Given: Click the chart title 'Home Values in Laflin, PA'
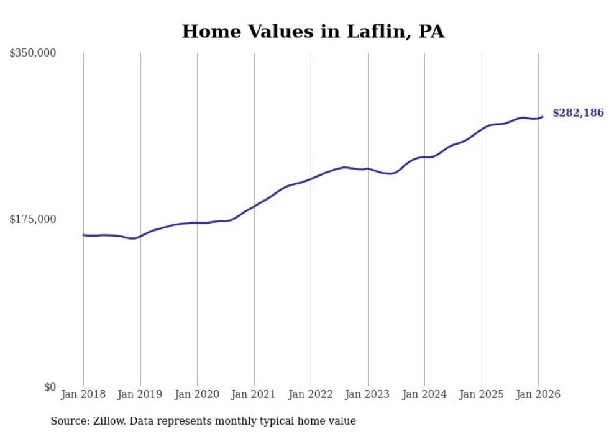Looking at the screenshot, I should pyautogui.click(x=313, y=32).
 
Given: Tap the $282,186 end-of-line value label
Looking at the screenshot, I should pyautogui.click(x=577, y=113).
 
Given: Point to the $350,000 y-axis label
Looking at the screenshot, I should pyautogui.click(x=33, y=53).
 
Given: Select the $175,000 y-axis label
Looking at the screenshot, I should pyautogui.click(x=33, y=219).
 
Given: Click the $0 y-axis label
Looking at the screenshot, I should pyautogui.click(x=50, y=387).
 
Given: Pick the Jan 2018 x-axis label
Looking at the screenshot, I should pyautogui.click(x=83, y=394).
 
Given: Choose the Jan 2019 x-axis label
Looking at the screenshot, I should pyautogui.click(x=140, y=394).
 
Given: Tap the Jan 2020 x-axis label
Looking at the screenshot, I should pyautogui.click(x=197, y=394).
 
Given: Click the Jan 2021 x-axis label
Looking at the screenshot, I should pyautogui.click(x=254, y=394).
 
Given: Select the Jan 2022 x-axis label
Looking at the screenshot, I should pyautogui.click(x=311, y=394).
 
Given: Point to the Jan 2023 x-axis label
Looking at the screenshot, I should pyautogui.click(x=368, y=394).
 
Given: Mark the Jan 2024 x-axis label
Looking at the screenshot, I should pyautogui.click(x=424, y=394).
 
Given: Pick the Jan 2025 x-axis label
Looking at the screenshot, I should pyautogui.click(x=482, y=394).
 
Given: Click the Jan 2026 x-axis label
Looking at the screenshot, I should pyautogui.click(x=538, y=394).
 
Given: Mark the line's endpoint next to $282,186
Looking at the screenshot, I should pyautogui.click(x=543, y=116).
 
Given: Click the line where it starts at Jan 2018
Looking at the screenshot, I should pyautogui.click(x=83, y=235).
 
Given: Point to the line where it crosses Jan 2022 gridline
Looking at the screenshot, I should pyautogui.click(x=311, y=179).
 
